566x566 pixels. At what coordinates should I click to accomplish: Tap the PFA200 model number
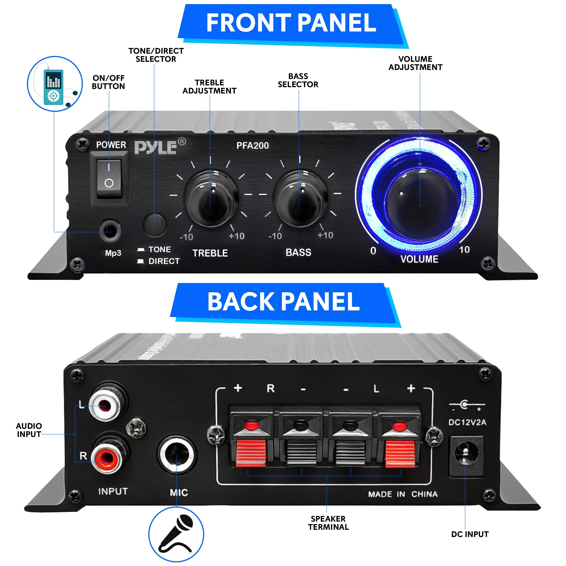click(x=252, y=146)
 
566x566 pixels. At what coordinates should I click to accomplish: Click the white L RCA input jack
click(x=105, y=405)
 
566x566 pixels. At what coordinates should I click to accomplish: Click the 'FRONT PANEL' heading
click(x=291, y=24)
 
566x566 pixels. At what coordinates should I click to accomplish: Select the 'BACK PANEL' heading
click(x=283, y=302)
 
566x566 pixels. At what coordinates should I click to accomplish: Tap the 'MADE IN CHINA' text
click(x=403, y=494)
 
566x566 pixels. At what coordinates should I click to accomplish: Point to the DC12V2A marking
click(x=467, y=422)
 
